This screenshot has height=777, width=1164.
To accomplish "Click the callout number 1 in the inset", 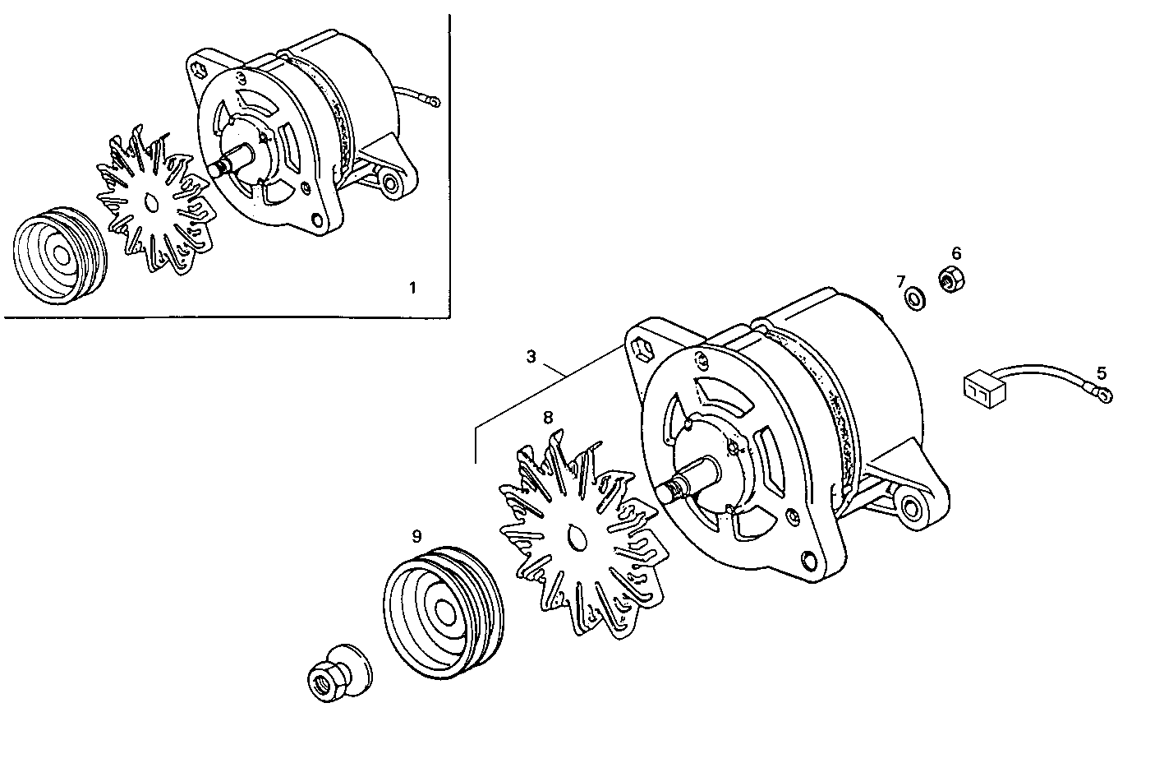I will click(412, 287).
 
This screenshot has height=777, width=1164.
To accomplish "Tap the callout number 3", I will click(531, 357).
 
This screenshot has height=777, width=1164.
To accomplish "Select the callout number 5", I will click(1102, 372).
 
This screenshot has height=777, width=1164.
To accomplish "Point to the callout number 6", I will click(956, 253).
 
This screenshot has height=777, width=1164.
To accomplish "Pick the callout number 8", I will click(548, 417).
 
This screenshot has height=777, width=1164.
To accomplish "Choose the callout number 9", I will click(416, 536).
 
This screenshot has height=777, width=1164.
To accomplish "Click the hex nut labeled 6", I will click(950, 281).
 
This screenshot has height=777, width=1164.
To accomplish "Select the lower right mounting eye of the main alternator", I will click(911, 507).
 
